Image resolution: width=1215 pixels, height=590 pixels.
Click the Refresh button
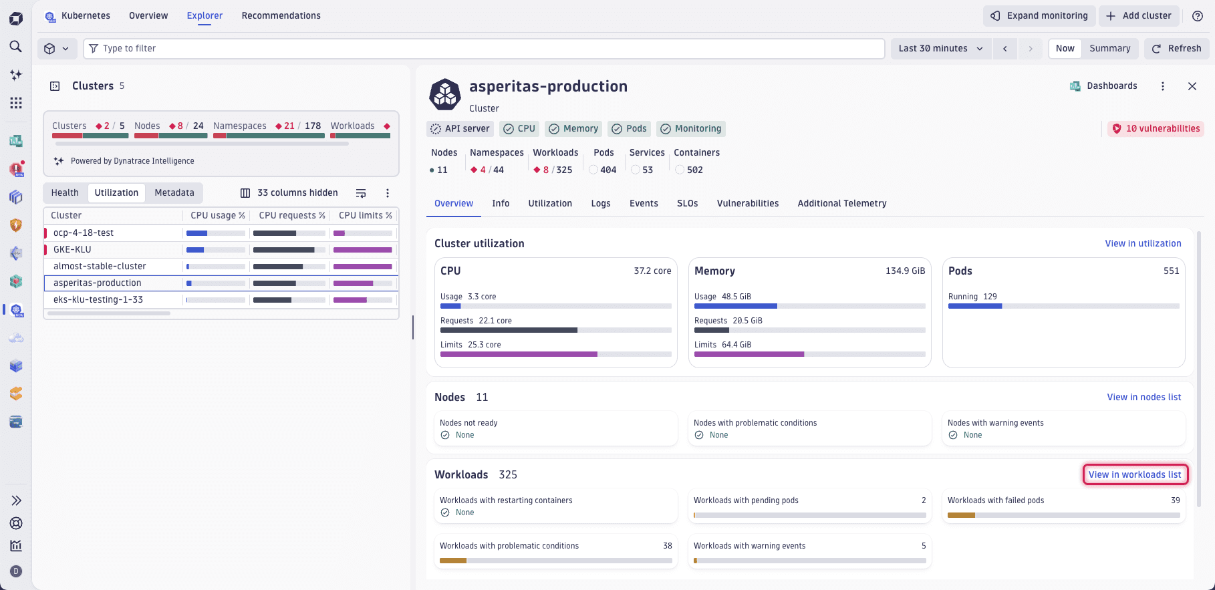(x=1177, y=48)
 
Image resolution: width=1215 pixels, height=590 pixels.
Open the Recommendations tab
(x=281, y=15)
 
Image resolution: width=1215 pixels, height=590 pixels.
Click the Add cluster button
(x=1138, y=15)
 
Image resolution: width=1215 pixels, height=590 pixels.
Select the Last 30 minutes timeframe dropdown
(x=940, y=48)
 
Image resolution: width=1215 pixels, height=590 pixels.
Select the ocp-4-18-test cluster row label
(x=84, y=233)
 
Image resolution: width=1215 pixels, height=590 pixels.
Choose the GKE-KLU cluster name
(x=72, y=249)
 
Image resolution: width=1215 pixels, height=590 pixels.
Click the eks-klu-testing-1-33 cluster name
(x=98, y=299)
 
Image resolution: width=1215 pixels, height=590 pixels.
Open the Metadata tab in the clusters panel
(x=174, y=192)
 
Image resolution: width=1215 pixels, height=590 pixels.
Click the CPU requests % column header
(x=291, y=215)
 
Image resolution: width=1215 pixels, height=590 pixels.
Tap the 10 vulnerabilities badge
(x=1156, y=128)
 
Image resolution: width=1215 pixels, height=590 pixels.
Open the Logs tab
(x=600, y=203)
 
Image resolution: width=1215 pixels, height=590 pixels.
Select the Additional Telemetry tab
(x=841, y=203)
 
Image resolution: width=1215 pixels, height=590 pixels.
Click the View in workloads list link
(x=1134, y=474)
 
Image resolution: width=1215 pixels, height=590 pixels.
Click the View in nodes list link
(x=1143, y=397)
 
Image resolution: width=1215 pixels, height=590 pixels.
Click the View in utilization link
(x=1143, y=243)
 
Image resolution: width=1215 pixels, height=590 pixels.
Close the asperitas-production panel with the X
(x=1192, y=86)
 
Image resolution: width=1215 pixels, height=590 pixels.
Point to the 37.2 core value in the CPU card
(x=652, y=271)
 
